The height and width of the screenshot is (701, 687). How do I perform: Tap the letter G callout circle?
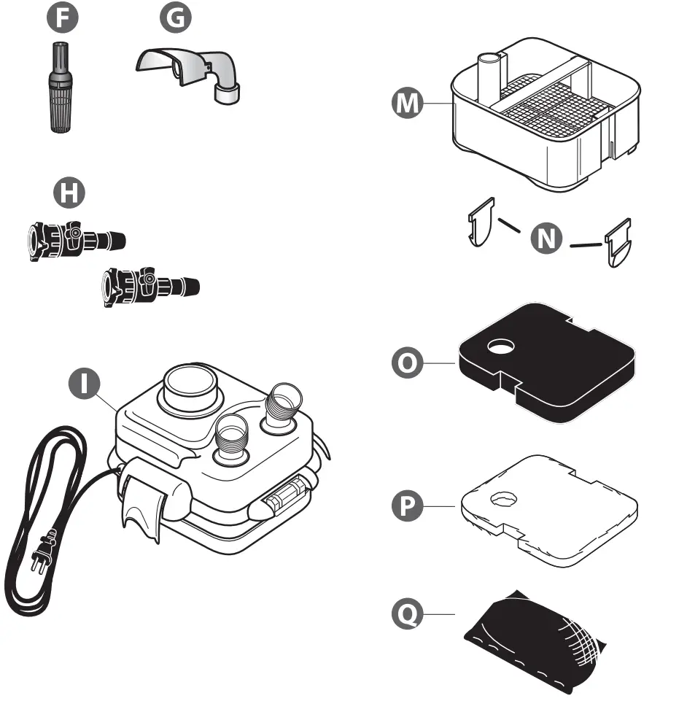[x=174, y=19]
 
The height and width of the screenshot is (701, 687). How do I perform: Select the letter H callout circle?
[x=70, y=194]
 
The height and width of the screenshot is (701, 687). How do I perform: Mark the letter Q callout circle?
[x=407, y=615]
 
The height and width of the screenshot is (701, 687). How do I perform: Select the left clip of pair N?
[x=481, y=222]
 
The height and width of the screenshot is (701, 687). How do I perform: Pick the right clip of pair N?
[x=618, y=242]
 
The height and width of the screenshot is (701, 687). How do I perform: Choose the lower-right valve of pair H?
[x=150, y=284]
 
